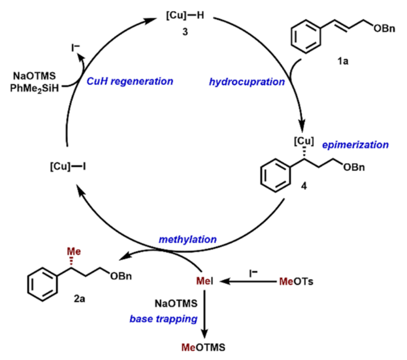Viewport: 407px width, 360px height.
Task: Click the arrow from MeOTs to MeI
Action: point(250,282)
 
